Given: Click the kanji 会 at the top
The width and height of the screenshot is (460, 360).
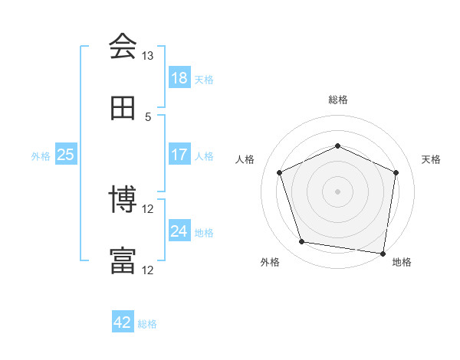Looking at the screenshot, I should coord(123,47).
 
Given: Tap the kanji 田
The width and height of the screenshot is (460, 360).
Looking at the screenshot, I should coord(123,108).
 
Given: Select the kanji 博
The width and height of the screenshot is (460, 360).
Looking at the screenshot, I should coord(123,201).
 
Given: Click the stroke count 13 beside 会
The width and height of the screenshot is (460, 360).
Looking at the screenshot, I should coord(148,56).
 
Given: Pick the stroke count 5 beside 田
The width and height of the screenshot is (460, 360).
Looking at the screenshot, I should coord(148,117).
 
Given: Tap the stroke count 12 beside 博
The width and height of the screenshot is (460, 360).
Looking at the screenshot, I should coord(148,209).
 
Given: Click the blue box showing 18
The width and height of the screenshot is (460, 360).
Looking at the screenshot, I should coord(179,78).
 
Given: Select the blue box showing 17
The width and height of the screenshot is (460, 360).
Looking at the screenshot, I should coord(179,155).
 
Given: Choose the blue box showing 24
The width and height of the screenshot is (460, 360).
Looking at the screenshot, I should coord(179,231).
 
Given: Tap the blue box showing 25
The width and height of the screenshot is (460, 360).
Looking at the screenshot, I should coord(66,155).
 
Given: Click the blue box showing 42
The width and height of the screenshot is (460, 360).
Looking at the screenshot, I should coord(123,322).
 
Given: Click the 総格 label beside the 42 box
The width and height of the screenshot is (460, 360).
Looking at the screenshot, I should coord(147,324).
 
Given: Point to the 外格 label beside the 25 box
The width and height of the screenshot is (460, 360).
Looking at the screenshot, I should coord(41,156).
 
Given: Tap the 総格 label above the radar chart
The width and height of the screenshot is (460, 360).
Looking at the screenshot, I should coord(338,100).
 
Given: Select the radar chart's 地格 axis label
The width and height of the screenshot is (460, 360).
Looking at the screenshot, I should coord(402,263).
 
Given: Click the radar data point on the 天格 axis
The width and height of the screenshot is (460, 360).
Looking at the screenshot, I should coord(396,172).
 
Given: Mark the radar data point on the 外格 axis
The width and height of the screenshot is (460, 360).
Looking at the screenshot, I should coord(302,242).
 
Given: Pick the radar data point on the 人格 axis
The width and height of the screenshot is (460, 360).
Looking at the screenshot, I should coord(280,172).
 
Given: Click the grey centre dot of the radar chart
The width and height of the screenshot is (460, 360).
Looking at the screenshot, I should coord(338,191).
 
